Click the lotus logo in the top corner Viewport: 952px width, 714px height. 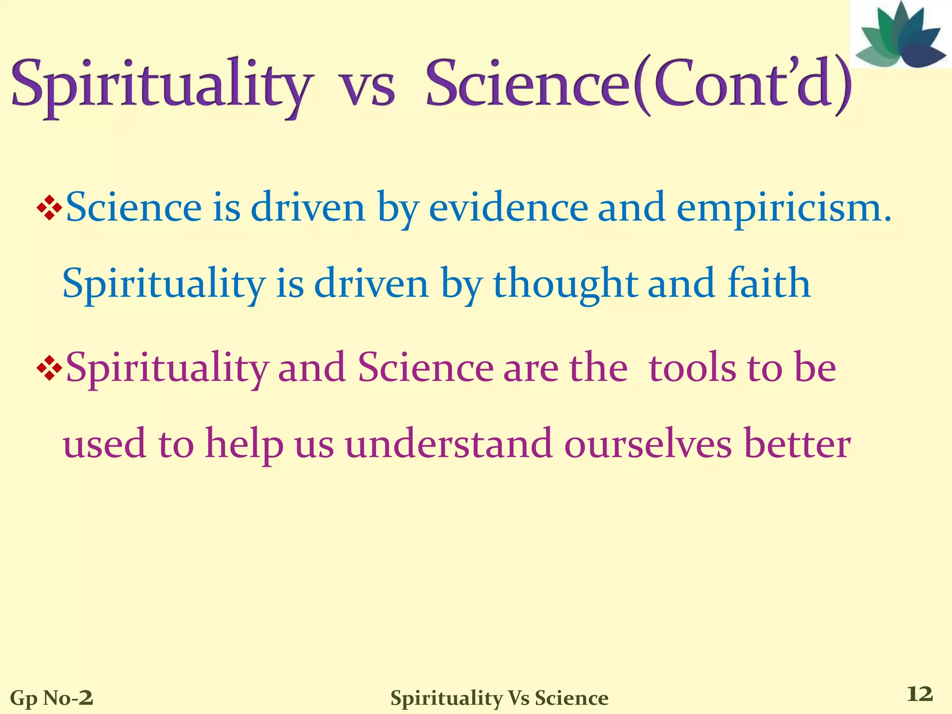(900, 35)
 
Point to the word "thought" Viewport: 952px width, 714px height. (565, 284)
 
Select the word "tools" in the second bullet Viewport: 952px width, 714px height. (692, 368)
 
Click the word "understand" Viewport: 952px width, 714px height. (449, 444)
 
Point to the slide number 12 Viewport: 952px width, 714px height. (920, 694)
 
